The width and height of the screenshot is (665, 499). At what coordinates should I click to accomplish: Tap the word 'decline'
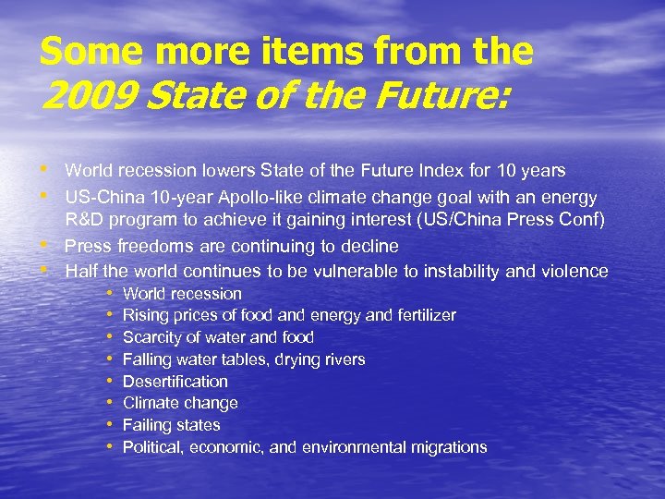click(x=369, y=246)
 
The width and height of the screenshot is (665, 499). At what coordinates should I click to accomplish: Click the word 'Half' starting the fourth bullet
click(x=81, y=271)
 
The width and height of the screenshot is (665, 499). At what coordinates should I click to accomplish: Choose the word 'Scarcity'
click(x=152, y=337)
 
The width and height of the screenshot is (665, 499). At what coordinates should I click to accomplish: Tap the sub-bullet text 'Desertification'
click(x=175, y=381)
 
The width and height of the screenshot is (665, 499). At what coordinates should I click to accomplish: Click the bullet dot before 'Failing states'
click(x=109, y=424)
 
